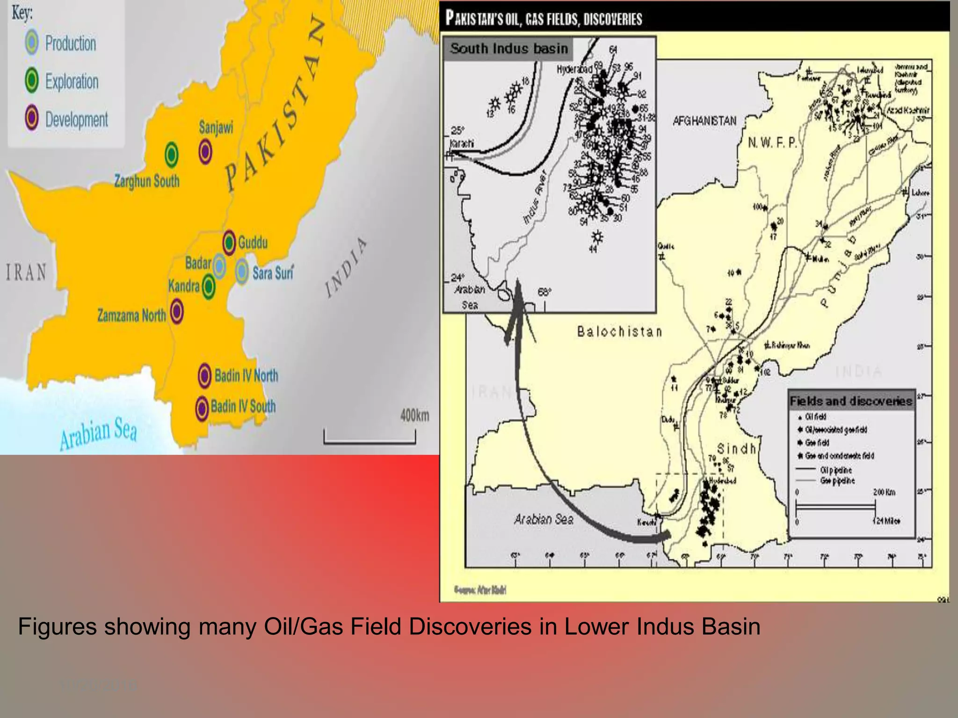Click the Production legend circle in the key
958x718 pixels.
tap(32, 43)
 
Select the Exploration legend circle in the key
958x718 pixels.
tap(32, 80)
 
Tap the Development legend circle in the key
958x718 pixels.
tap(32, 118)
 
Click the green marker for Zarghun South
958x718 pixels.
tap(172, 153)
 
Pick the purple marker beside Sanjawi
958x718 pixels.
tap(205, 151)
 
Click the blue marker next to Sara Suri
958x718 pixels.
tap(242, 272)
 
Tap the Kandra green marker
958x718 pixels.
tap(208, 286)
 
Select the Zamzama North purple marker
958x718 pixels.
tap(176, 312)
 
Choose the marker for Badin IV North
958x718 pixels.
tap(204, 375)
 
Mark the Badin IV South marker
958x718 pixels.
tap(202, 408)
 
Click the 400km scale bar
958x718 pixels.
tap(370, 439)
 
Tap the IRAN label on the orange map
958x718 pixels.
tap(26, 273)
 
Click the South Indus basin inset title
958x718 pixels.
tap(509, 49)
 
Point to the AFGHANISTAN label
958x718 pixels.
tap(704, 121)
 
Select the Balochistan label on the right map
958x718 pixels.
tap(619, 332)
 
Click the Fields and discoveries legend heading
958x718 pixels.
tap(851, 401)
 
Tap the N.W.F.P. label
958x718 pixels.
tap(772, 143)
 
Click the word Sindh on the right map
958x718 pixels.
tap(737, 449)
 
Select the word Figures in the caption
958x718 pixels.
tap(57, 627)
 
